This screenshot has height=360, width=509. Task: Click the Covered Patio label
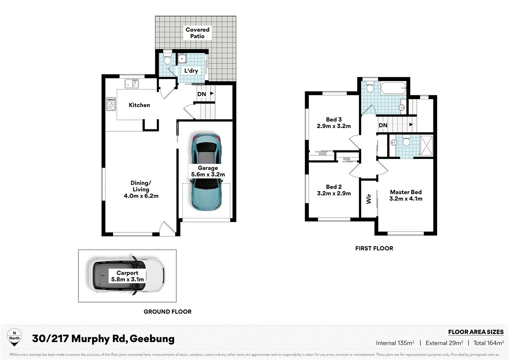click(197, 33)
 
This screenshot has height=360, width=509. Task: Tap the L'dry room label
click(191, 71)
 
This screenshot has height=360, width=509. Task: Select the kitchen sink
click(132, 84)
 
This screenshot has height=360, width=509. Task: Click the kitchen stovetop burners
click(111, 104)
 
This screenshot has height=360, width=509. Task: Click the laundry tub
click(182, 58)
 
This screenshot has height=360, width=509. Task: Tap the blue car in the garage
click(207, 172)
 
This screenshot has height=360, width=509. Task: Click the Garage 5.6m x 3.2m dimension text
click(208, 175)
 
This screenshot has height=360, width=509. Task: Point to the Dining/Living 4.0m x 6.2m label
click(141, 189)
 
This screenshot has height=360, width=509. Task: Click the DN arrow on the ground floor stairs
click(212, 94)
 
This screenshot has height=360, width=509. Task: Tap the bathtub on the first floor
click(393, 89)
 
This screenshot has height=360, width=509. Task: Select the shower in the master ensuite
click(426, 146)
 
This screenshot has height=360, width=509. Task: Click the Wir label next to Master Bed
click(369, 199)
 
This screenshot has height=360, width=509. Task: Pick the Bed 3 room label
click(334, 119)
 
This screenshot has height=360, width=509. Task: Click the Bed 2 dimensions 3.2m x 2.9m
click(334, 193)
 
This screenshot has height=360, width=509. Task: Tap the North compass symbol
click(14, 337)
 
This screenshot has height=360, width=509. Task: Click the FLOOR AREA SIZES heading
click(476, 332)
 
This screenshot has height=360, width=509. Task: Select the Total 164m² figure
click(488, 343)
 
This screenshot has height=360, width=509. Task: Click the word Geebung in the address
click(152, 339)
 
